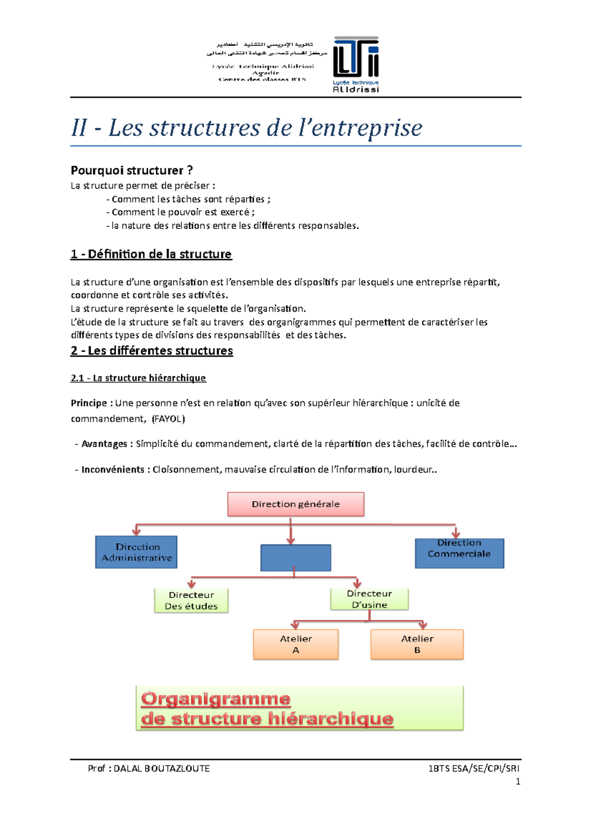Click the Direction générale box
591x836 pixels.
coord(295,504)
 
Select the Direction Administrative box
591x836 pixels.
coord(136,552)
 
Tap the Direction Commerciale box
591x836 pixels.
coord(459,553)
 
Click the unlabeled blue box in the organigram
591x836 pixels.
coord(295,558)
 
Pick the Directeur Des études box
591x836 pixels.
coord(191,600)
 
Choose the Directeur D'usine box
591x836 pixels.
coord(369,599)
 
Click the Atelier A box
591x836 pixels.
coord(295,644)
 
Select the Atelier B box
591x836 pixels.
coord(417,644)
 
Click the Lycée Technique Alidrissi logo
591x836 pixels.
coord(356,64)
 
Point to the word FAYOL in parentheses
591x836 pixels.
coord(168,419)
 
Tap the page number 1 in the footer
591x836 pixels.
coord(518,781)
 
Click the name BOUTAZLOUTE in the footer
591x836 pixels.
coord(177,769)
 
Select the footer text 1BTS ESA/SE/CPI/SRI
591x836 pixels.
coord(473,769)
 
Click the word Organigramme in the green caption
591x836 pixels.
coord(216,699)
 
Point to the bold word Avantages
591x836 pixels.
coord(104,444)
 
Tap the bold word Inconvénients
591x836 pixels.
coord(113,470)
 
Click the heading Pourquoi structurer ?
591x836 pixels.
coord(131,170)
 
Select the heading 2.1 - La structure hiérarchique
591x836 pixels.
coord(138,378)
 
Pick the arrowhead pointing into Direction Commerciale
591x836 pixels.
coord(456,535)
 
